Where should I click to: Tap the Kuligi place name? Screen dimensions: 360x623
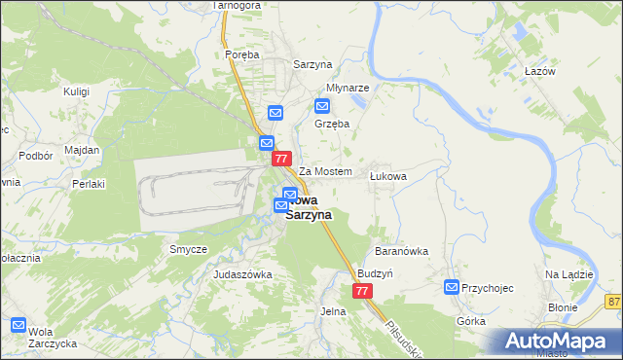(x=76, y=91)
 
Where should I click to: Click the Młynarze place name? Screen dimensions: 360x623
(x=348, y=88)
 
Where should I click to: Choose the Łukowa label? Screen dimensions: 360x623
(x=387, y=177)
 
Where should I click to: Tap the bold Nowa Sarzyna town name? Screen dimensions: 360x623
(x=309, y=207)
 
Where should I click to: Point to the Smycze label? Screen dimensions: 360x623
(x=189, y=250)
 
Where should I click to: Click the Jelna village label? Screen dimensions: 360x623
(x=333, y=311)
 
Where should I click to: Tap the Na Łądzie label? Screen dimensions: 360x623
(x=569, y=275)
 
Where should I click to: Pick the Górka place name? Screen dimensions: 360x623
(x=470, y=320)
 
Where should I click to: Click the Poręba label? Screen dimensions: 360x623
(x=242, y=55)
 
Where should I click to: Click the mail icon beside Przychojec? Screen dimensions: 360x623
(x=452, y=287)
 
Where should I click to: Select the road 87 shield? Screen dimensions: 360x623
(x=612, y=303)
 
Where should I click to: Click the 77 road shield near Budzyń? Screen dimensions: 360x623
(x=362, y=291)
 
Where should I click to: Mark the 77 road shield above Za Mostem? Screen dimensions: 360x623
(x=282, y=159)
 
